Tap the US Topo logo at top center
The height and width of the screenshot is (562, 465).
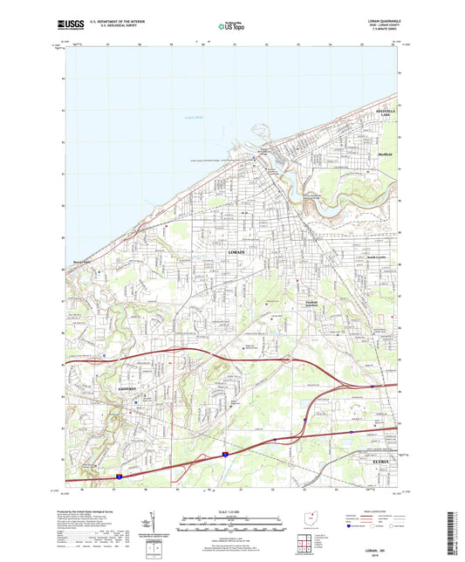pyautogui.click(x=229, y=26)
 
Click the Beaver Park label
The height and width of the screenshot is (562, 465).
pyautogui.click(x=83, y=259)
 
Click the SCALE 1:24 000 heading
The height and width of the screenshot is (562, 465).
pyautogui.click(x=231, y=511)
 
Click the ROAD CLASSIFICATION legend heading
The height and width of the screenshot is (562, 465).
pyautogui.click(x=373, y=511)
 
